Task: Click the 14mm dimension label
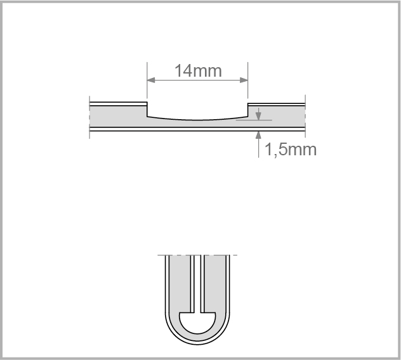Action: click(x=198, y=71)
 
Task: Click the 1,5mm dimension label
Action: click(x=291, y=149)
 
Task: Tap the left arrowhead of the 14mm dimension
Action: click(x=151, y=80)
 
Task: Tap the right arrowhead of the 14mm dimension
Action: click(x=244, y=80)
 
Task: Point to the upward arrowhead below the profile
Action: click(x=258, y=135)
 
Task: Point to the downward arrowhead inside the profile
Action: click(x=258, y=116)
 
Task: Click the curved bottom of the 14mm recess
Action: click(x=197, y=119)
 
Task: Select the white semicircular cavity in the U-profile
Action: click(x=197, y=323)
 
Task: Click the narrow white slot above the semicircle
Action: click(x=197, y=283)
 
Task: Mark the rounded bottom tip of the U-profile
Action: click(x=197, y=344)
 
